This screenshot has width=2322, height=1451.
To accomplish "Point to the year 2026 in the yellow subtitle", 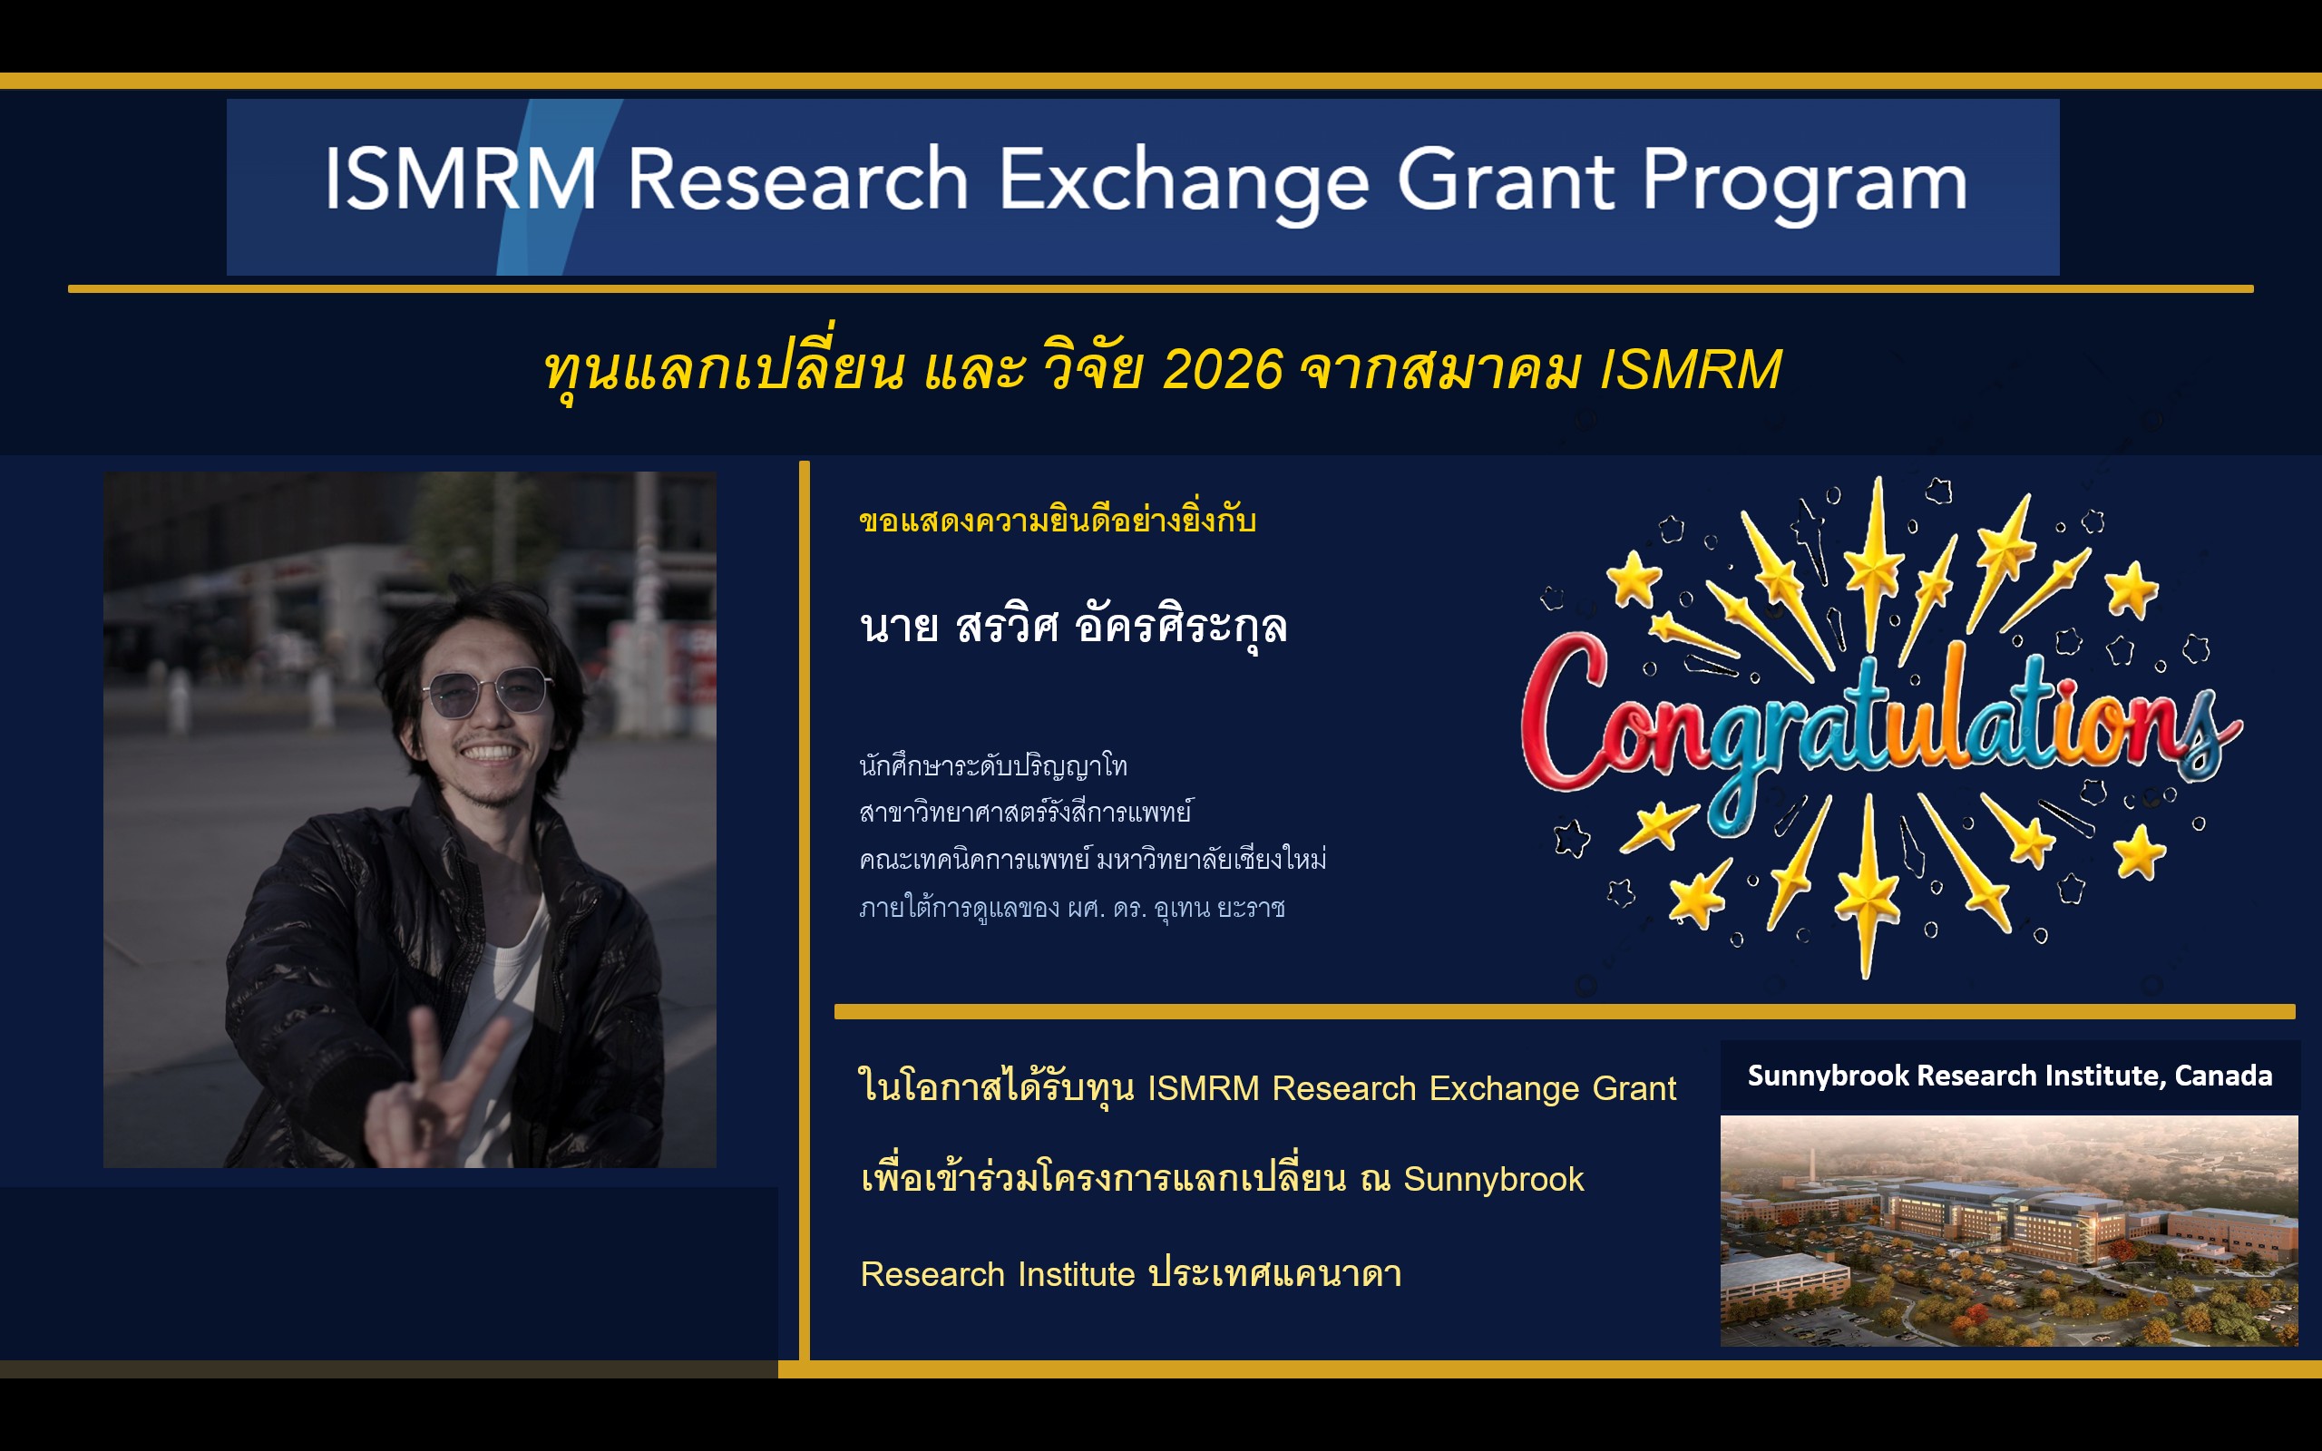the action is pyautogui.click(x=1223, y=369).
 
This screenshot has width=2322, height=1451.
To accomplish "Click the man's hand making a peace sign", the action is pyautogui.click(x=436, y=1089).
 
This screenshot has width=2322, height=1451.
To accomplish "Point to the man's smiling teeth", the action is pyautogui.click(x=491, y=753).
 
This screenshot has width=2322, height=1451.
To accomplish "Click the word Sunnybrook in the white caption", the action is pyautogui.click(x=1828, y=1076).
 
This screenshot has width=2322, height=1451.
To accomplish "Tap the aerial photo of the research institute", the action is pyautogui.click(x=2008, y=1231).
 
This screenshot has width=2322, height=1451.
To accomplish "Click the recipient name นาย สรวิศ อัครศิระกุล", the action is pyautogui.click(x=1073, y=627).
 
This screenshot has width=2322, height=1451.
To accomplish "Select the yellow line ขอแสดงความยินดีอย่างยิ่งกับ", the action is pyautogui.click(x=1058, y=521).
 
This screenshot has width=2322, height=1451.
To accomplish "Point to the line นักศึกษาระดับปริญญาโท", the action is pyautogui.click(x=993, y=765).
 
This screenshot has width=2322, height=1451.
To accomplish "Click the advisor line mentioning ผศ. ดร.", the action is pyautogui.click(x=1072, y=907).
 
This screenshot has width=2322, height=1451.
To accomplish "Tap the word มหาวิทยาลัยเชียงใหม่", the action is pyautogui.click(x=1212, y=859).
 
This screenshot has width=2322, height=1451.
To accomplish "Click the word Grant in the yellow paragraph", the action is pyautogui.click(x=1635, y=1088).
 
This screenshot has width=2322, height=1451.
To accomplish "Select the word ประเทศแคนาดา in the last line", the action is pyautogui.click(x=1275, y=1273).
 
